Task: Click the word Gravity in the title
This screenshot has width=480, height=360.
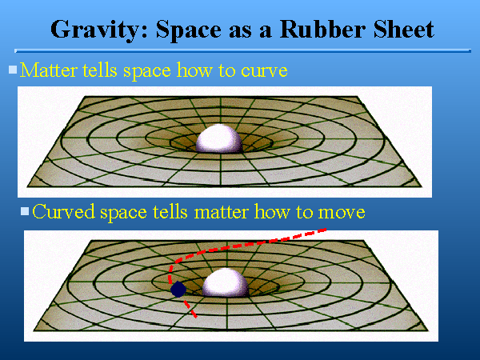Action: [x=88, y=30]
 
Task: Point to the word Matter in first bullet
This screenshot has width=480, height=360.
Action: [x=46, y=70]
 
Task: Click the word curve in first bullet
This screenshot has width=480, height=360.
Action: [x=265, y=70]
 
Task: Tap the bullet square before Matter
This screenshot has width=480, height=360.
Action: [x=13, y=70]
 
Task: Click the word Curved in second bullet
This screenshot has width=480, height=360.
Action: [x=65, y=212]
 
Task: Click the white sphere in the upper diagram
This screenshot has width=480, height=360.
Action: [x=218, y=139]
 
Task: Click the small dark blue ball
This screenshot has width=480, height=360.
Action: [x=178, y=289]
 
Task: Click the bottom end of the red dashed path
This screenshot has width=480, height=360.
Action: [x=194, y=316]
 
